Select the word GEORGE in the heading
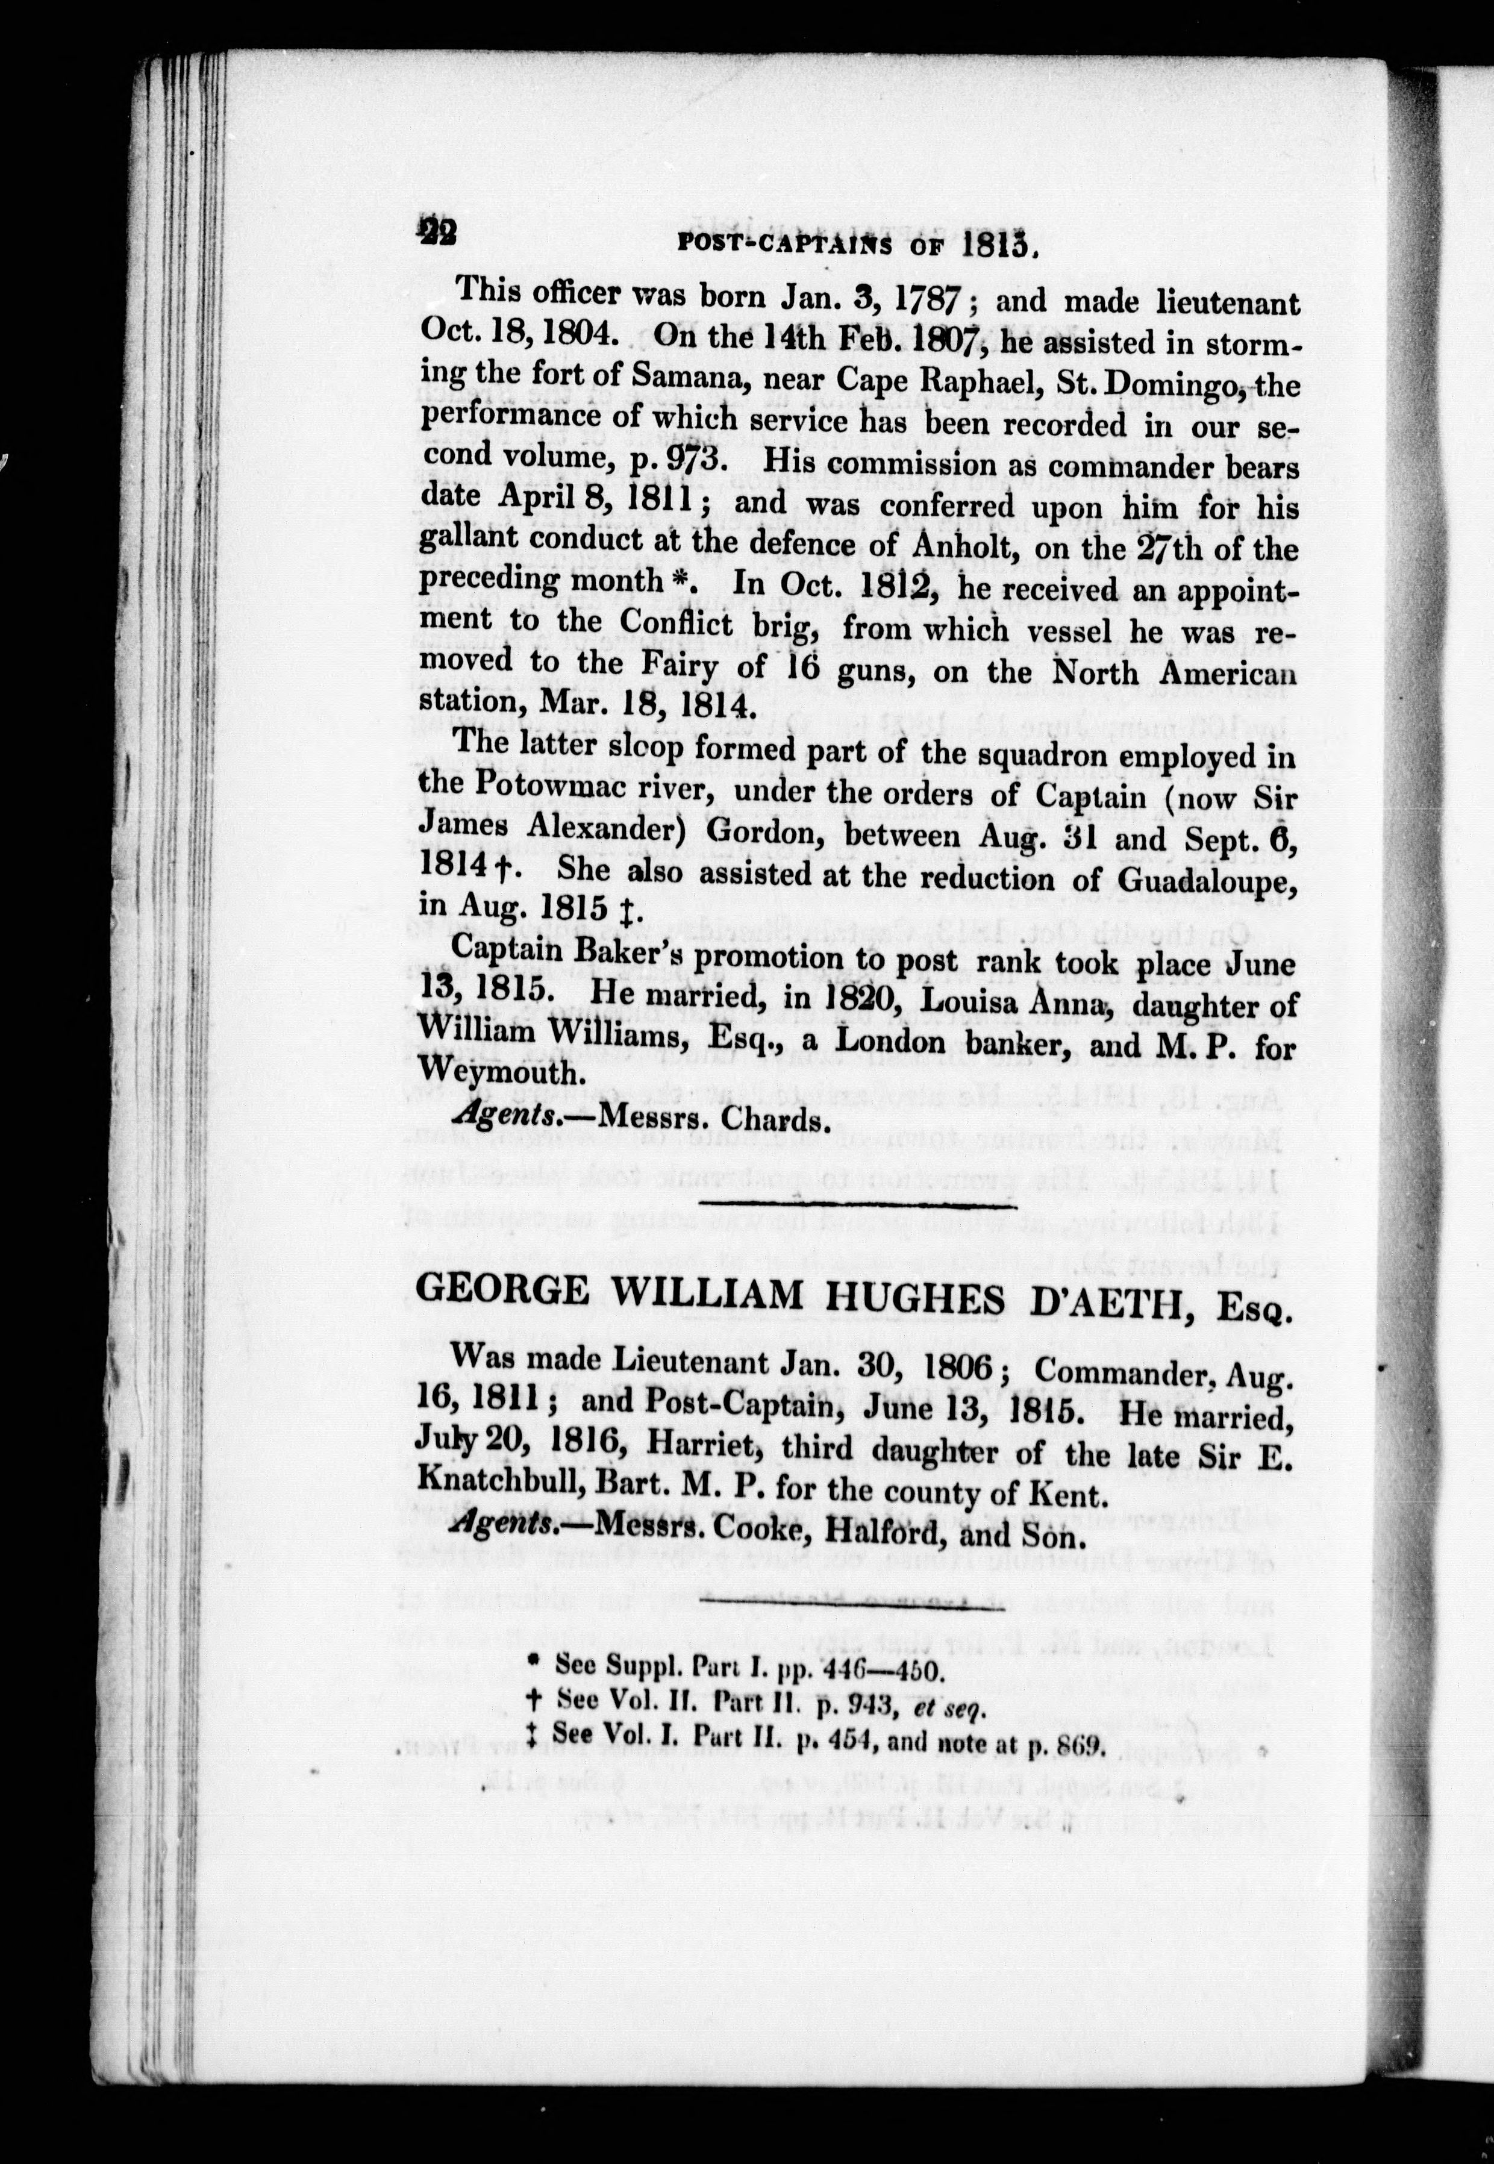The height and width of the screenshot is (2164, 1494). tap(501, 1293)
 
